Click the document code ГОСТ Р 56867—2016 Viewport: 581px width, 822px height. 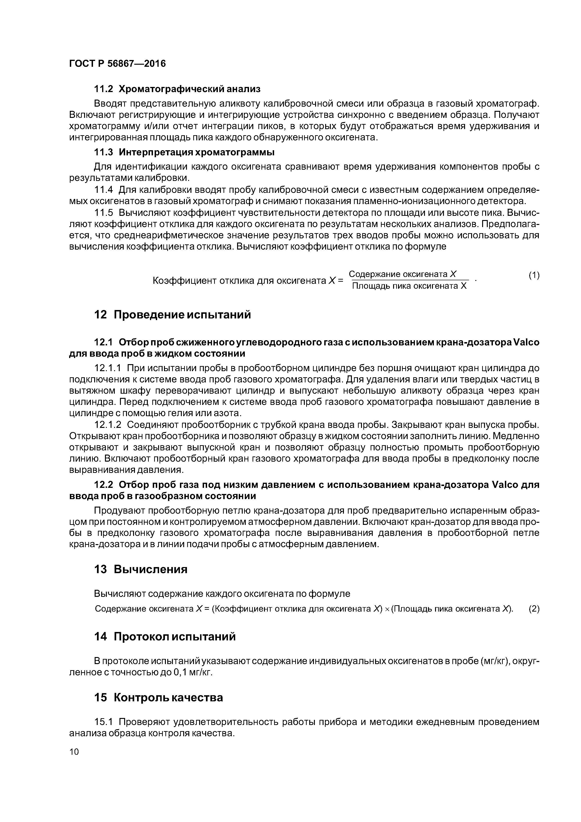point(117,64)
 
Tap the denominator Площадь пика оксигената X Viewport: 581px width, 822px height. point(410,286)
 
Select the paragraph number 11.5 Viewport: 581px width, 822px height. point(104,213)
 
